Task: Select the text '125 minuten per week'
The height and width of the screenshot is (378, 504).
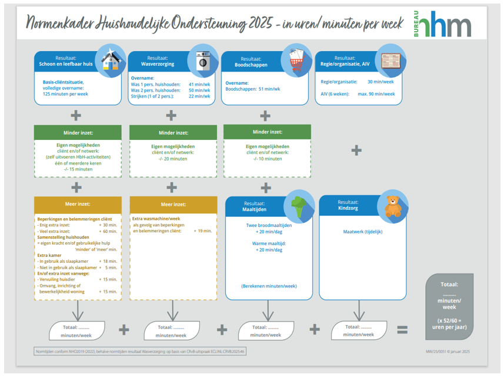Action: click(x=65, y=94)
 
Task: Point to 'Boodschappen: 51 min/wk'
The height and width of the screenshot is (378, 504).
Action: click(x=253, y=89)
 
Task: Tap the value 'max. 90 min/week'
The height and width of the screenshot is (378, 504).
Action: click(x=376, y=93)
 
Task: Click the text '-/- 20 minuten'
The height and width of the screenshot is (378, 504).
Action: click(x=171, y=159)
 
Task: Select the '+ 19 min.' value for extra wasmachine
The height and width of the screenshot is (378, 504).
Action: click(x=203, y=231)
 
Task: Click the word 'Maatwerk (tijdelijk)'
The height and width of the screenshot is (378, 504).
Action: click(x=363, y=232)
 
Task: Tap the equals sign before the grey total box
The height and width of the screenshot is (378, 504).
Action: click(x=402, y=330)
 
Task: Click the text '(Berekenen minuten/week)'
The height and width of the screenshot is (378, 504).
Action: click(x=269, y=286)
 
